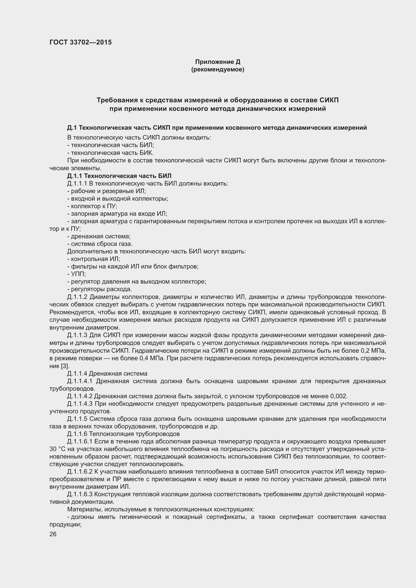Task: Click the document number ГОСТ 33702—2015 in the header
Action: coord(80,42)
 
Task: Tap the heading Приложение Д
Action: coord(218,62)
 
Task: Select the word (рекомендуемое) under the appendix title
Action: coord(218,69)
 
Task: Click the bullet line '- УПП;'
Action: coord(76,274)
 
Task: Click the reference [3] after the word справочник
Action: coord(65,366)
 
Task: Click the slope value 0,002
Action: coord(338,396)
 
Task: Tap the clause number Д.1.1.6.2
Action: coord(80,472)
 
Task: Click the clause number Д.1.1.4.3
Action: coord(80,404)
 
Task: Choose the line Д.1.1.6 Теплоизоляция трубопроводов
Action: coord(123,434)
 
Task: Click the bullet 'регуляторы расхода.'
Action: coord(99,289)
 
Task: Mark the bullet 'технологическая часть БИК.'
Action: coord(110,153)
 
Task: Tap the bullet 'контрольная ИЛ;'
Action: coord(94,259)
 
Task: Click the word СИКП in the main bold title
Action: coord(329,100)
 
